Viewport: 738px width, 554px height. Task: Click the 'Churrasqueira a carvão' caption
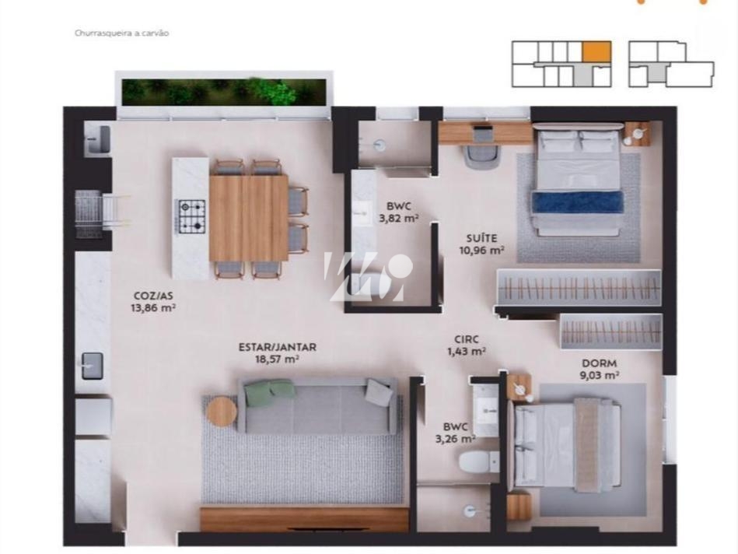pos(121,33)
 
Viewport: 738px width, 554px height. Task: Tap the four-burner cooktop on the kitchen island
pos(191,217)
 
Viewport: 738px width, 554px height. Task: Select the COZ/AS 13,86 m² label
pos(152,301)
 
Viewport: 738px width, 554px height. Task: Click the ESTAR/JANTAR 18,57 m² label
pos(277,352)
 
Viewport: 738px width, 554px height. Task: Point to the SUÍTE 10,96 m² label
pos(481,244)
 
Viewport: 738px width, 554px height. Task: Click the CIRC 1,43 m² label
pos(467,345)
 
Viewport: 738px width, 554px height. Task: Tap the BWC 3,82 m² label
pos(398,212)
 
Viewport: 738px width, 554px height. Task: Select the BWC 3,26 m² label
pos(455,432)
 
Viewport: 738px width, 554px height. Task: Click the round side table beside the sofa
pos(222,411)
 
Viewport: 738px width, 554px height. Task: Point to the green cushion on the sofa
pos(264,392)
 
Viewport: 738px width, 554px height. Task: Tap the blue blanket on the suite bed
pos(576,202)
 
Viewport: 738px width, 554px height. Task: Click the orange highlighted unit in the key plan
pos(596,52)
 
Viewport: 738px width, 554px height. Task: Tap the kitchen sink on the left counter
pos(92,364)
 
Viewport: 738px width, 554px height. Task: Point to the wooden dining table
pos(248,218)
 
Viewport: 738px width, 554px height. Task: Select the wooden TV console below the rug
pos(304,518)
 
